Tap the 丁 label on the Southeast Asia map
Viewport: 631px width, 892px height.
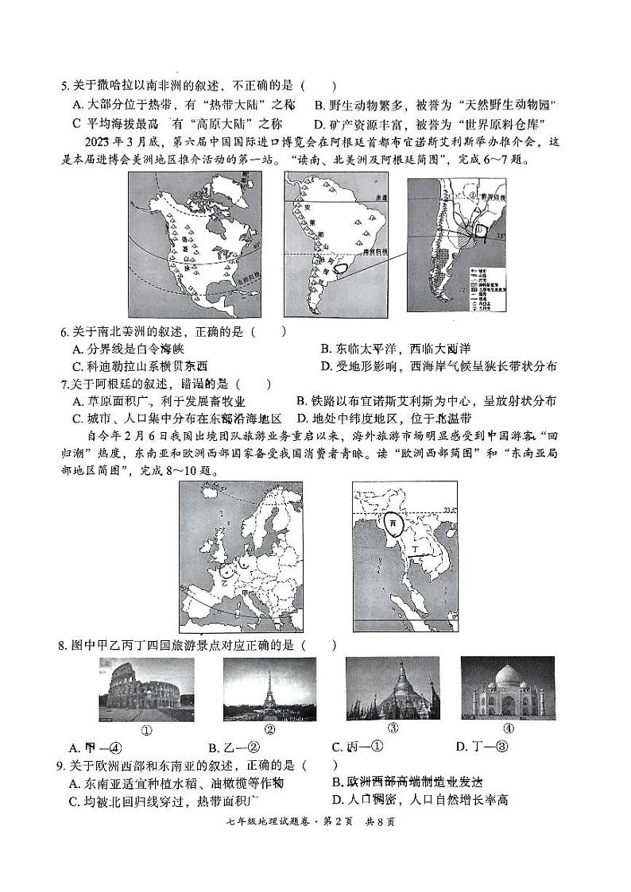[x=412, y=548]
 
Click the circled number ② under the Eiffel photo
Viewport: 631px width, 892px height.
[x=269, y=730]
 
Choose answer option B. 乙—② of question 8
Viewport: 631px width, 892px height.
[x=223, y=747]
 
